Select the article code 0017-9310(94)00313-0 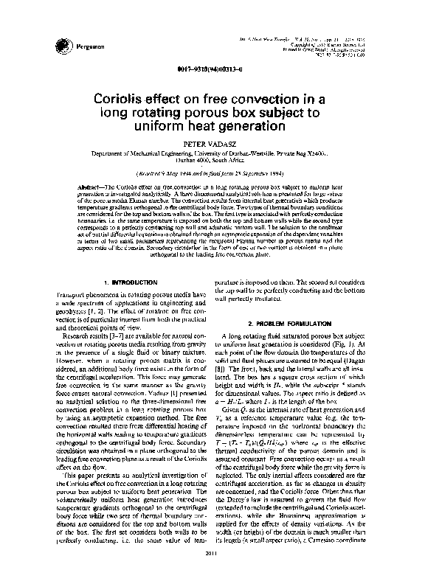(x=212, y=69)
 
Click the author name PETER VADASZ (x=212, y=145)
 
